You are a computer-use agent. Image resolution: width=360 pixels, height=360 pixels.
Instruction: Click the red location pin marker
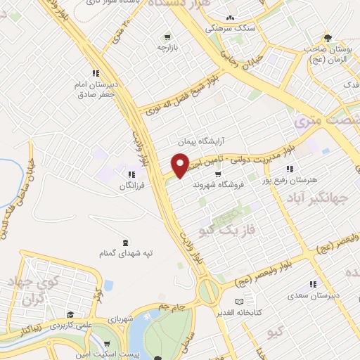pyautogui.click(x=181, y=165)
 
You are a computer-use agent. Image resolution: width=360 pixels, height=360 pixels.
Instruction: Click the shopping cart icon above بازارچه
pyautogui.click(x=167, y=37)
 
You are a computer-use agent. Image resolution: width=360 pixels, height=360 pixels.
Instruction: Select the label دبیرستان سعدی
pyautogui.click(x=313, y=296)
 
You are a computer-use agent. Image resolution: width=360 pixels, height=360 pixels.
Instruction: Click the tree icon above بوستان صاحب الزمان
pyautogui.click(x=327, y=38)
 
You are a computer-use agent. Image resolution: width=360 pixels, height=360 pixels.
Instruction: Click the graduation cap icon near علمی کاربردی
pyautogui.click(x=70, y=316)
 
